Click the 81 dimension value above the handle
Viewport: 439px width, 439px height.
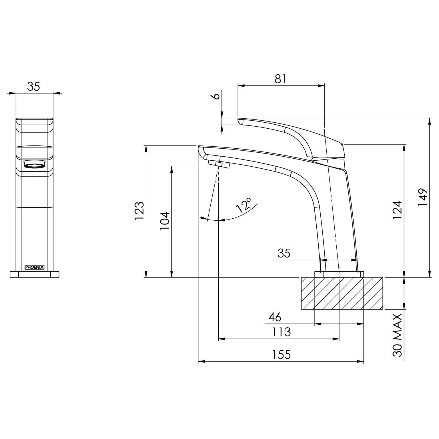[280, 79]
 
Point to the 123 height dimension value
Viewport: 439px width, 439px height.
[139, 211]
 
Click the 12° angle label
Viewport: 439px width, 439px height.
[244, 205]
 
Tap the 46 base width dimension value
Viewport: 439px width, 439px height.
[275, 317]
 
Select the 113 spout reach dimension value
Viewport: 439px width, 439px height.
[281, 332]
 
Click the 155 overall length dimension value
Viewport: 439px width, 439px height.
[281, 355]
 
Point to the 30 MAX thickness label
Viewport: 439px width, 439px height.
[397, 335]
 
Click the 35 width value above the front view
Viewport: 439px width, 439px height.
[34, 86]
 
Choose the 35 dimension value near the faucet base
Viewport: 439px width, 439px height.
[284, 253]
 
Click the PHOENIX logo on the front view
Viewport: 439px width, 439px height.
[34, 267]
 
